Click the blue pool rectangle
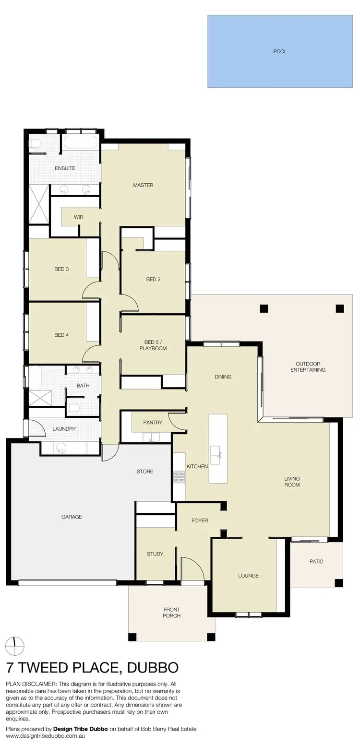[280, 51]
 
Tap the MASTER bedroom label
[143, 185]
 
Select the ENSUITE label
[65, 168]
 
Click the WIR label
[78, 217]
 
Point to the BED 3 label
[61, 269]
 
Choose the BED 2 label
[153, 280]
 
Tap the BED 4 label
[61, 335]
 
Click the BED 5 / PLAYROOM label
[153, 345]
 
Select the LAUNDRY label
[64, 429]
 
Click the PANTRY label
[153, 423]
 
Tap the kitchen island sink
[216, 452]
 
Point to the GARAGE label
[72, 517]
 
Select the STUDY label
[155, 554]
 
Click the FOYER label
[200, 520]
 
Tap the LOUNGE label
[248, 576]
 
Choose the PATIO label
[316, 561]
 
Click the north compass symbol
[15, 646]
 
